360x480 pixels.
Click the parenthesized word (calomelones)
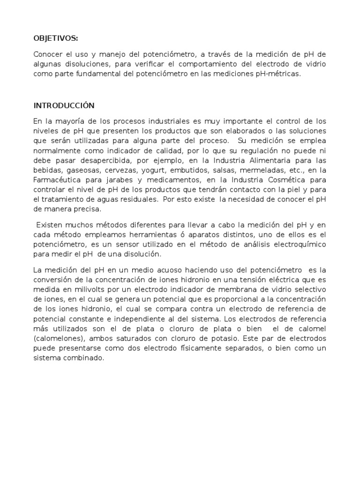[x=56, y=338]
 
